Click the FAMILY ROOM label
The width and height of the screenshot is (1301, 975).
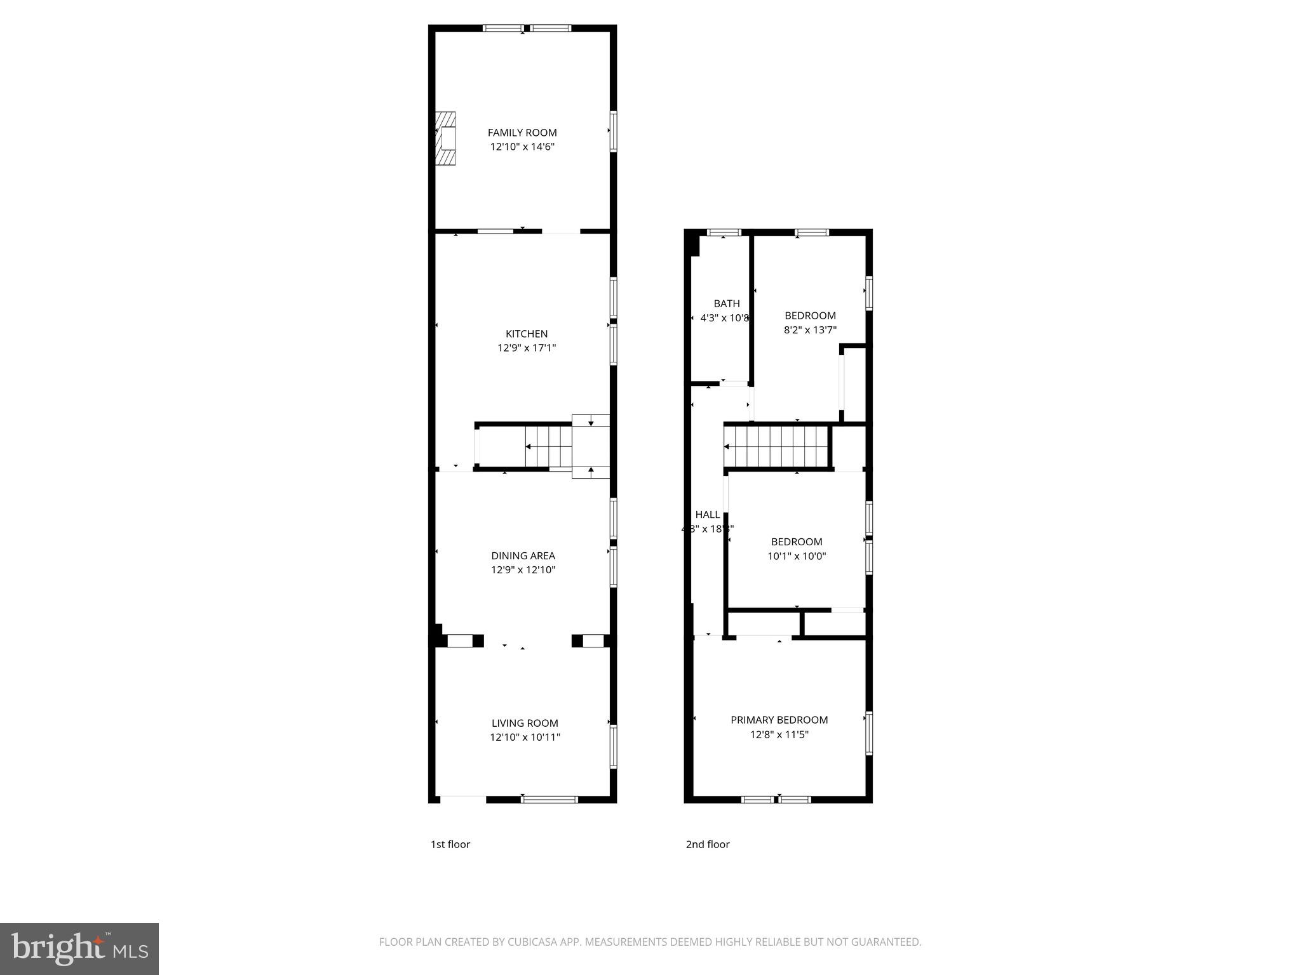pyautogui.click(x=522, y=133)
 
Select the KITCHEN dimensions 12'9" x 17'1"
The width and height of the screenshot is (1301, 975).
pyautogui.click(x=527, y=348)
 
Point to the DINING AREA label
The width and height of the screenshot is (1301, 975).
pyautogui.click(x=523, y=556)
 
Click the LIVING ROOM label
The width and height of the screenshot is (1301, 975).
pyautogui.click(x=525, y=723)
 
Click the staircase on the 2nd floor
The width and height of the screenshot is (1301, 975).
pyautogui.click(x=776, y=447)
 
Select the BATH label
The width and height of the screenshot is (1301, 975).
pyautogui.click(x=727, y=304)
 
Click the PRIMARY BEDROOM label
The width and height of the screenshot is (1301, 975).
pyautogui.click(x=779, y=720)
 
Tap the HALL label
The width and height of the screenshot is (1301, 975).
pyautogui.click(x=708, y=515)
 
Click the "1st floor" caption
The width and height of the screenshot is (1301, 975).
pyautogui.click(x=450, y=844)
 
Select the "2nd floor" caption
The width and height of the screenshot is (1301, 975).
pyautogui.click(x=708, y=844)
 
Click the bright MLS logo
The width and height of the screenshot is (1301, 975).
pyautogui.click(x=79, y=948)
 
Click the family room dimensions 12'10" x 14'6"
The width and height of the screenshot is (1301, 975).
pyautogui.click(x=522, y=147)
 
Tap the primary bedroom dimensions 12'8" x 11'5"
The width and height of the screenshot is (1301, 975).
pyautogui.click(x=779, y=734)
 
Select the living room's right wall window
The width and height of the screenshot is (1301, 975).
pyautogui.click(x=613, y=747)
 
